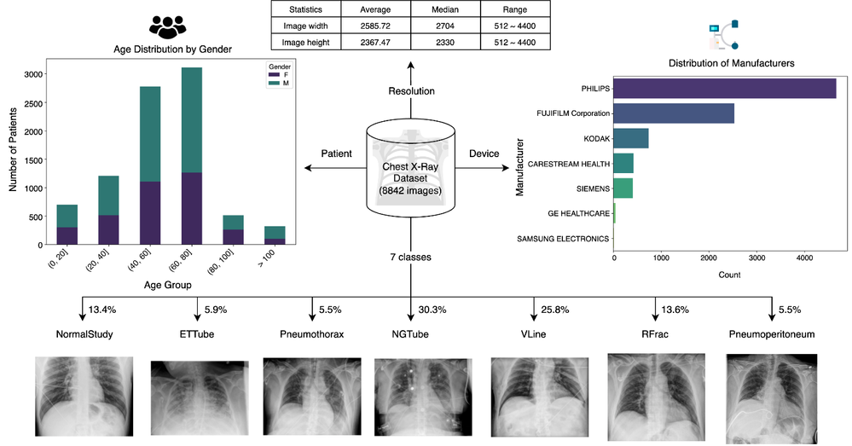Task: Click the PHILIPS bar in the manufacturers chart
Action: tap(725, 88)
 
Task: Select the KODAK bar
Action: tap(631, 137)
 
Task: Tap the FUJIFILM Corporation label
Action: tap(572, 113)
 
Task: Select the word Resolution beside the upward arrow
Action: tap(412, 90)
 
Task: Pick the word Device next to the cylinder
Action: tap(484, 153)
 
